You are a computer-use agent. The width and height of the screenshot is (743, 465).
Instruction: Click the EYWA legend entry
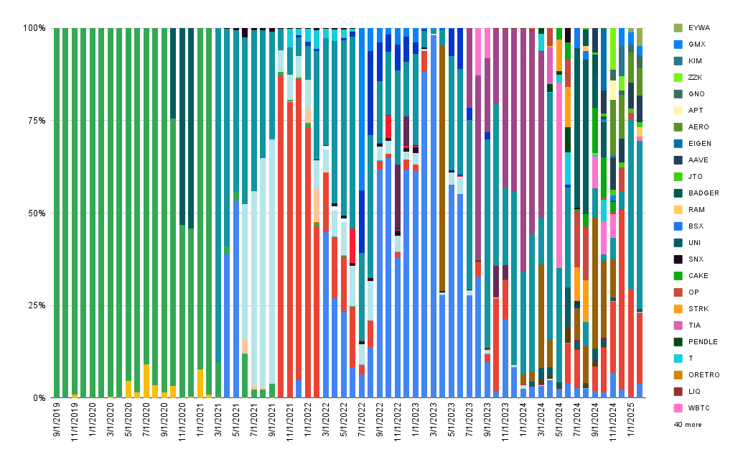pos(692,28)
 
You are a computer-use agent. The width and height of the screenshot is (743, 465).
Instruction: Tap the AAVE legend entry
pos(691,160)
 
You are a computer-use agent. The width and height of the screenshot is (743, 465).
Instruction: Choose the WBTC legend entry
pos(692,408)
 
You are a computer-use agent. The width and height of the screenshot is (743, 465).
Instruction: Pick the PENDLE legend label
pos(704,342)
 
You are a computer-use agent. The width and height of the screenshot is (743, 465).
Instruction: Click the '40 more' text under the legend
pos(688,425)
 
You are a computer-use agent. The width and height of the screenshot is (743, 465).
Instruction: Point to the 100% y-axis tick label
pos(34,28)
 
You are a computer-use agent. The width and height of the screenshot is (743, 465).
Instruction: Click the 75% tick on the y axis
pos(37,121)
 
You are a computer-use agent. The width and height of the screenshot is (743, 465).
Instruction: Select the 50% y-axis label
pos(37,213)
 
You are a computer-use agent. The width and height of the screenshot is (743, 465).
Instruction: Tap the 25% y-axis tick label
pos(37,305)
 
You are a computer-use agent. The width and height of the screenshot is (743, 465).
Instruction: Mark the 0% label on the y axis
pos(39,398)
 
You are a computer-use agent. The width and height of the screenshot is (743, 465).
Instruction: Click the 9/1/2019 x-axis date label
pos(57,420)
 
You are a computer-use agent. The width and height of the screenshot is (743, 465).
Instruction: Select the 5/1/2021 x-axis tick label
pos(236,420)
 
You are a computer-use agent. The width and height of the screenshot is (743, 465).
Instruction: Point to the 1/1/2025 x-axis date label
pos(631,420)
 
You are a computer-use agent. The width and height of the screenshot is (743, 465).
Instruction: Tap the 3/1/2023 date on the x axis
pos(433,420)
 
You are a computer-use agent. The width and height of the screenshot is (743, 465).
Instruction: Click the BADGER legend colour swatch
pos(678,193)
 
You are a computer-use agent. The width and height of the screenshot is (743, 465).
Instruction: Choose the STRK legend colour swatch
pos(678,309)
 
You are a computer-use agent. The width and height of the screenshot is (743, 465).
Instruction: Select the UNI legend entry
pos(687,243)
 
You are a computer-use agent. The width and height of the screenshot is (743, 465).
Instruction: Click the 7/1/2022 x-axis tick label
pos(362,420)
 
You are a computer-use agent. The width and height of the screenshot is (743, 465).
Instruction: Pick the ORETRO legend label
pos(704,375)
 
